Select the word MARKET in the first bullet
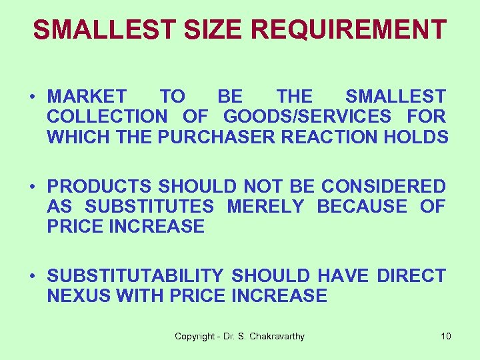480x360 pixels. (86, 97)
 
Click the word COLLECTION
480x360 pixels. (107, 117)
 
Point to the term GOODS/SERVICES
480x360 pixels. (307, 117)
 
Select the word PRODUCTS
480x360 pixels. (99, 187)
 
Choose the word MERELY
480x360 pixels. (265, 207)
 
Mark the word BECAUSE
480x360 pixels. (362, 207)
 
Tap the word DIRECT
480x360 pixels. (411, 276)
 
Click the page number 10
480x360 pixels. (446, 337)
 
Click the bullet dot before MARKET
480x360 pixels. (32, 97)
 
